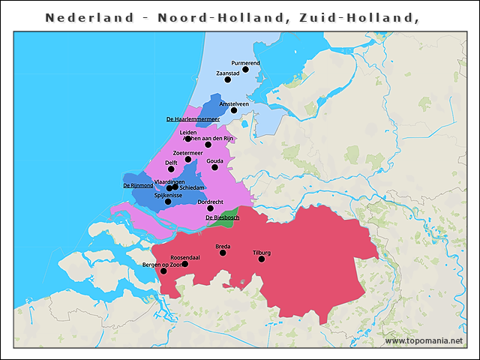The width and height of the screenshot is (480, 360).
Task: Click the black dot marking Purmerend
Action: [x=245, y=70]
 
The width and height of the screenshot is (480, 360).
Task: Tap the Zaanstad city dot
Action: [x=228, y=79]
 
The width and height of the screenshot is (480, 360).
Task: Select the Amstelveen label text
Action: [x=234, y=103]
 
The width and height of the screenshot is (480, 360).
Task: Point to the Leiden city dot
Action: [x=188, y=139]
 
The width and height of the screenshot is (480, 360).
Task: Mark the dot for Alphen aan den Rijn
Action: [x=208, y=145]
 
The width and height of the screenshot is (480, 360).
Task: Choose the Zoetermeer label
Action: [x=187, y=153]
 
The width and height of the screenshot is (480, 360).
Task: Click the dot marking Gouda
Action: [x=215, y=167]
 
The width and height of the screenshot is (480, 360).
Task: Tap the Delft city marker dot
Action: [x=171, y=169]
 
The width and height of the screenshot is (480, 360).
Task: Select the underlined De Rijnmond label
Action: [x=138, y=185]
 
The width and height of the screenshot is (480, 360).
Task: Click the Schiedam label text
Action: [x=192, y=187]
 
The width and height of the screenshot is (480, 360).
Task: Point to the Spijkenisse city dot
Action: [x=168, y=202]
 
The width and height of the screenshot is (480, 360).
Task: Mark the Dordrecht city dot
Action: [x=210, y=208]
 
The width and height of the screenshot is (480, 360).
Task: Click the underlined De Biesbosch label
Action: [x=221, y=217]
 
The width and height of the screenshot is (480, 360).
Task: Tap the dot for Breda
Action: [x=223, y=253]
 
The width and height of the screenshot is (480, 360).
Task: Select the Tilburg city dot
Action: [x=262, y=259]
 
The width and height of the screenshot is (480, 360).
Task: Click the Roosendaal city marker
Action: [x=185, y=264]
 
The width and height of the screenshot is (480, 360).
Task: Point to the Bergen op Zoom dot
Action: [x=163, y=271]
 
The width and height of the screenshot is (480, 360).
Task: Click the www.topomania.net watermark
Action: [x=424, y=340]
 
